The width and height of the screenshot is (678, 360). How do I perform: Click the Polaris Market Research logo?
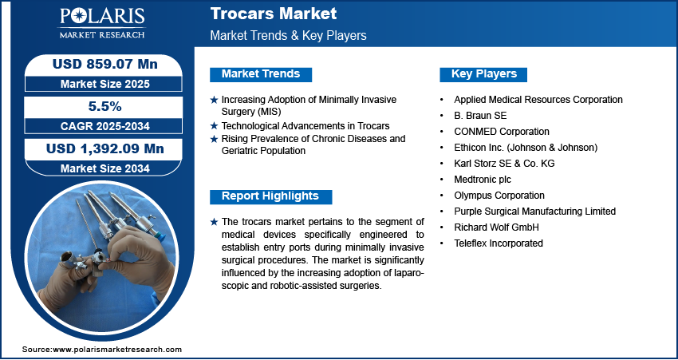[102, 23]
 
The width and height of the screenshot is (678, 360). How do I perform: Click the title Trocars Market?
[274, 14]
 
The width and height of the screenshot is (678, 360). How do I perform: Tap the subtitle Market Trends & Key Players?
[288, 35]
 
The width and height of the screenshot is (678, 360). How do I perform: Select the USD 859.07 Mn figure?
[105, 65]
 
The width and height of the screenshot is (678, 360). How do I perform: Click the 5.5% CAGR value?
[104, 106]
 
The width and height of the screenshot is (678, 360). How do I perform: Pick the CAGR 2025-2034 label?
[105, 126]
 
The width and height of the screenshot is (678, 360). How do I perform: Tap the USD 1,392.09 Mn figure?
[105, 148]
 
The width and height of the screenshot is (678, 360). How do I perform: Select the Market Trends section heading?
[261, 74]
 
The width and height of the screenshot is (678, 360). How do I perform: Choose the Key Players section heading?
[483, 74]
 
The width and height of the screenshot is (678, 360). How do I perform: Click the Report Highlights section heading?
[270, 196]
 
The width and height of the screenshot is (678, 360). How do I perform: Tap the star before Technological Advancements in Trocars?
[214, 126]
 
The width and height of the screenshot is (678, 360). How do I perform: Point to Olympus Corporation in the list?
[499, 196]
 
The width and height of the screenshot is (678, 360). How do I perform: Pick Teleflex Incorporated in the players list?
[498, 243]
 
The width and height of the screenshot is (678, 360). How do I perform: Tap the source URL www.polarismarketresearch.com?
[117, 350]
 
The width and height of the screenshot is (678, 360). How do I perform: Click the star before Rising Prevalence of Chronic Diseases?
[214, 140]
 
